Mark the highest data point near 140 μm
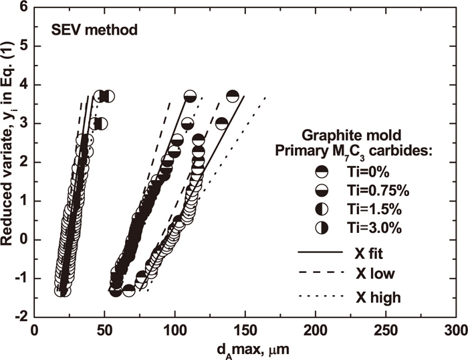click(233, 96)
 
